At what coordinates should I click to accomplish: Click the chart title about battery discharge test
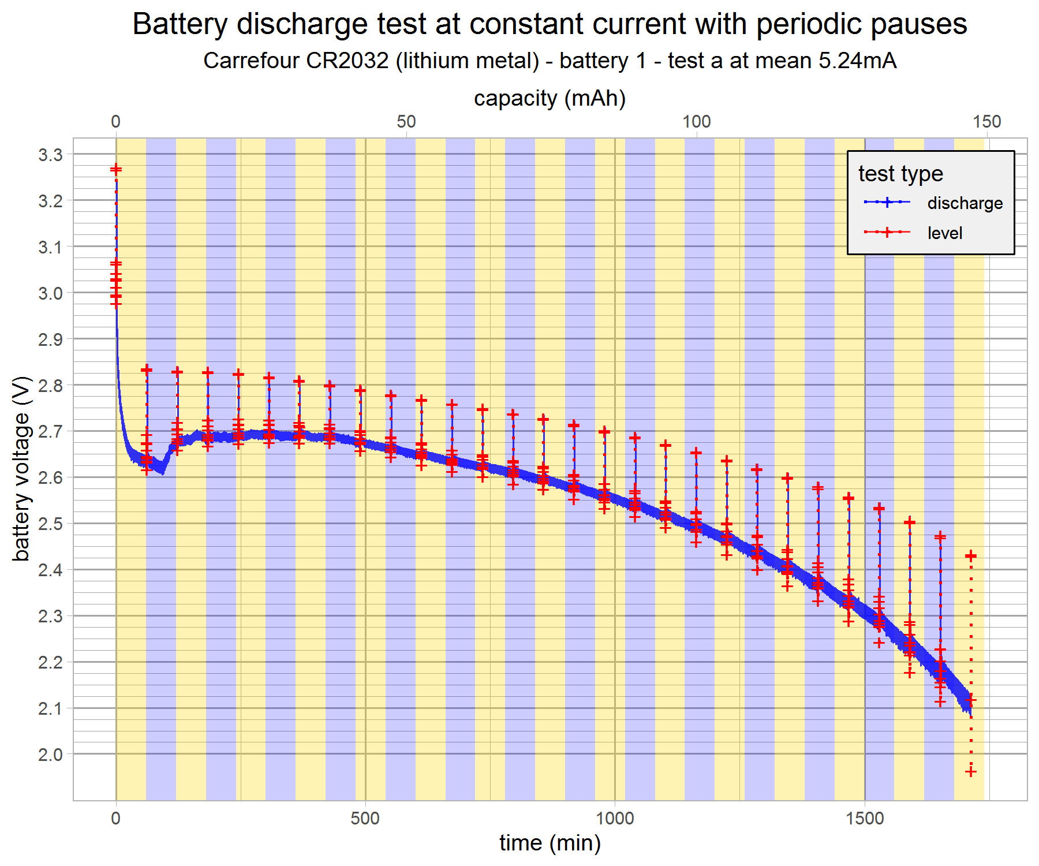[x=550, y=24]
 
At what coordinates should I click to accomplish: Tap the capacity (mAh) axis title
[x=550, y=99]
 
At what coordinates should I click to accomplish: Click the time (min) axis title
[x=550, y=843]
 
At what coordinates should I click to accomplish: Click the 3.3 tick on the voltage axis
[x=50, y=155]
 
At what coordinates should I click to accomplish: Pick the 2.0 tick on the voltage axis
[x=50, y=755]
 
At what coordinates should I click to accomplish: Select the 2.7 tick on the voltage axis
[x=50, y=431]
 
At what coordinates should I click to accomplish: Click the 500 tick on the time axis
[x=365, y=818]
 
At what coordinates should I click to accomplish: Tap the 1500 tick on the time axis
[x=865, y=818]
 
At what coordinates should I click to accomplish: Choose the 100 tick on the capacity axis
[x=697, y=122]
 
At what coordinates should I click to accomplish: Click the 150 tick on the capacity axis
[x=987, y=122]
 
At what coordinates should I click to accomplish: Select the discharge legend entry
[x=965, y=203]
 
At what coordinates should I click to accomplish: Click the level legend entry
[x=945, y=233]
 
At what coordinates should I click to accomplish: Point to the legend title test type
[x=900, y=174]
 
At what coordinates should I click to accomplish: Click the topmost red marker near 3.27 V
[x=116, y=169]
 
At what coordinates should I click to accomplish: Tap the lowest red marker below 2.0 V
[x=971, y=772]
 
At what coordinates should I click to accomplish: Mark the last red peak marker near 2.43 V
[x=971, y=556]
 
